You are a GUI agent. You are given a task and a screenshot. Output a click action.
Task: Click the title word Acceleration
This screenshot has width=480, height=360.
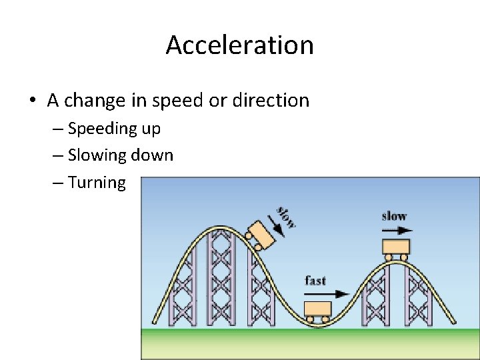tap(239, 45)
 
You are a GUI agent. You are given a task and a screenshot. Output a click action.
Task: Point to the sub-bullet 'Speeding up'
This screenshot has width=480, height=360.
tap(114, 128)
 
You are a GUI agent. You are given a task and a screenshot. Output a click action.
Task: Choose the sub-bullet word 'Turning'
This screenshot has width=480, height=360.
tap(97, 183)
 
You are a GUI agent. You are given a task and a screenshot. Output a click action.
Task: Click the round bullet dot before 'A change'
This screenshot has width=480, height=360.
tap(32, 101)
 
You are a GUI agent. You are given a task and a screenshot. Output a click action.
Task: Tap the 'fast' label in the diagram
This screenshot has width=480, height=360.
tap(315, 280)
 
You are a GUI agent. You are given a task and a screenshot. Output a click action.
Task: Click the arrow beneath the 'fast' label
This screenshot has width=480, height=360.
tap(333, 293)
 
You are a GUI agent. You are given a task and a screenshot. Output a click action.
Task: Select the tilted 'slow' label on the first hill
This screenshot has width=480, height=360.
tap(286, 215)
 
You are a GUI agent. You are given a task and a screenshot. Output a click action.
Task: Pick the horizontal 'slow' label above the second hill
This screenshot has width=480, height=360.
tap(394, 216)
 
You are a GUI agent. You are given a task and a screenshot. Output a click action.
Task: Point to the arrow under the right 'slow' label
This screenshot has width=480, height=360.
tap(397, 230)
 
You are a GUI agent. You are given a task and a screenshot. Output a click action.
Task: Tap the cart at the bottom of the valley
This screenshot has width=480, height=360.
tap(317, 310)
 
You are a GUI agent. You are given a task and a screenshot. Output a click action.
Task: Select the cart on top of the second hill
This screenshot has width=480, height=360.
tap(396, 247)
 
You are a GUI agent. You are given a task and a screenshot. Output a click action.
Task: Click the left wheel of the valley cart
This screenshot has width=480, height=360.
tap(309, 319)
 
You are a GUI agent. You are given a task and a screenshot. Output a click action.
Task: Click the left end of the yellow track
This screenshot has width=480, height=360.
tap(154, 322)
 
